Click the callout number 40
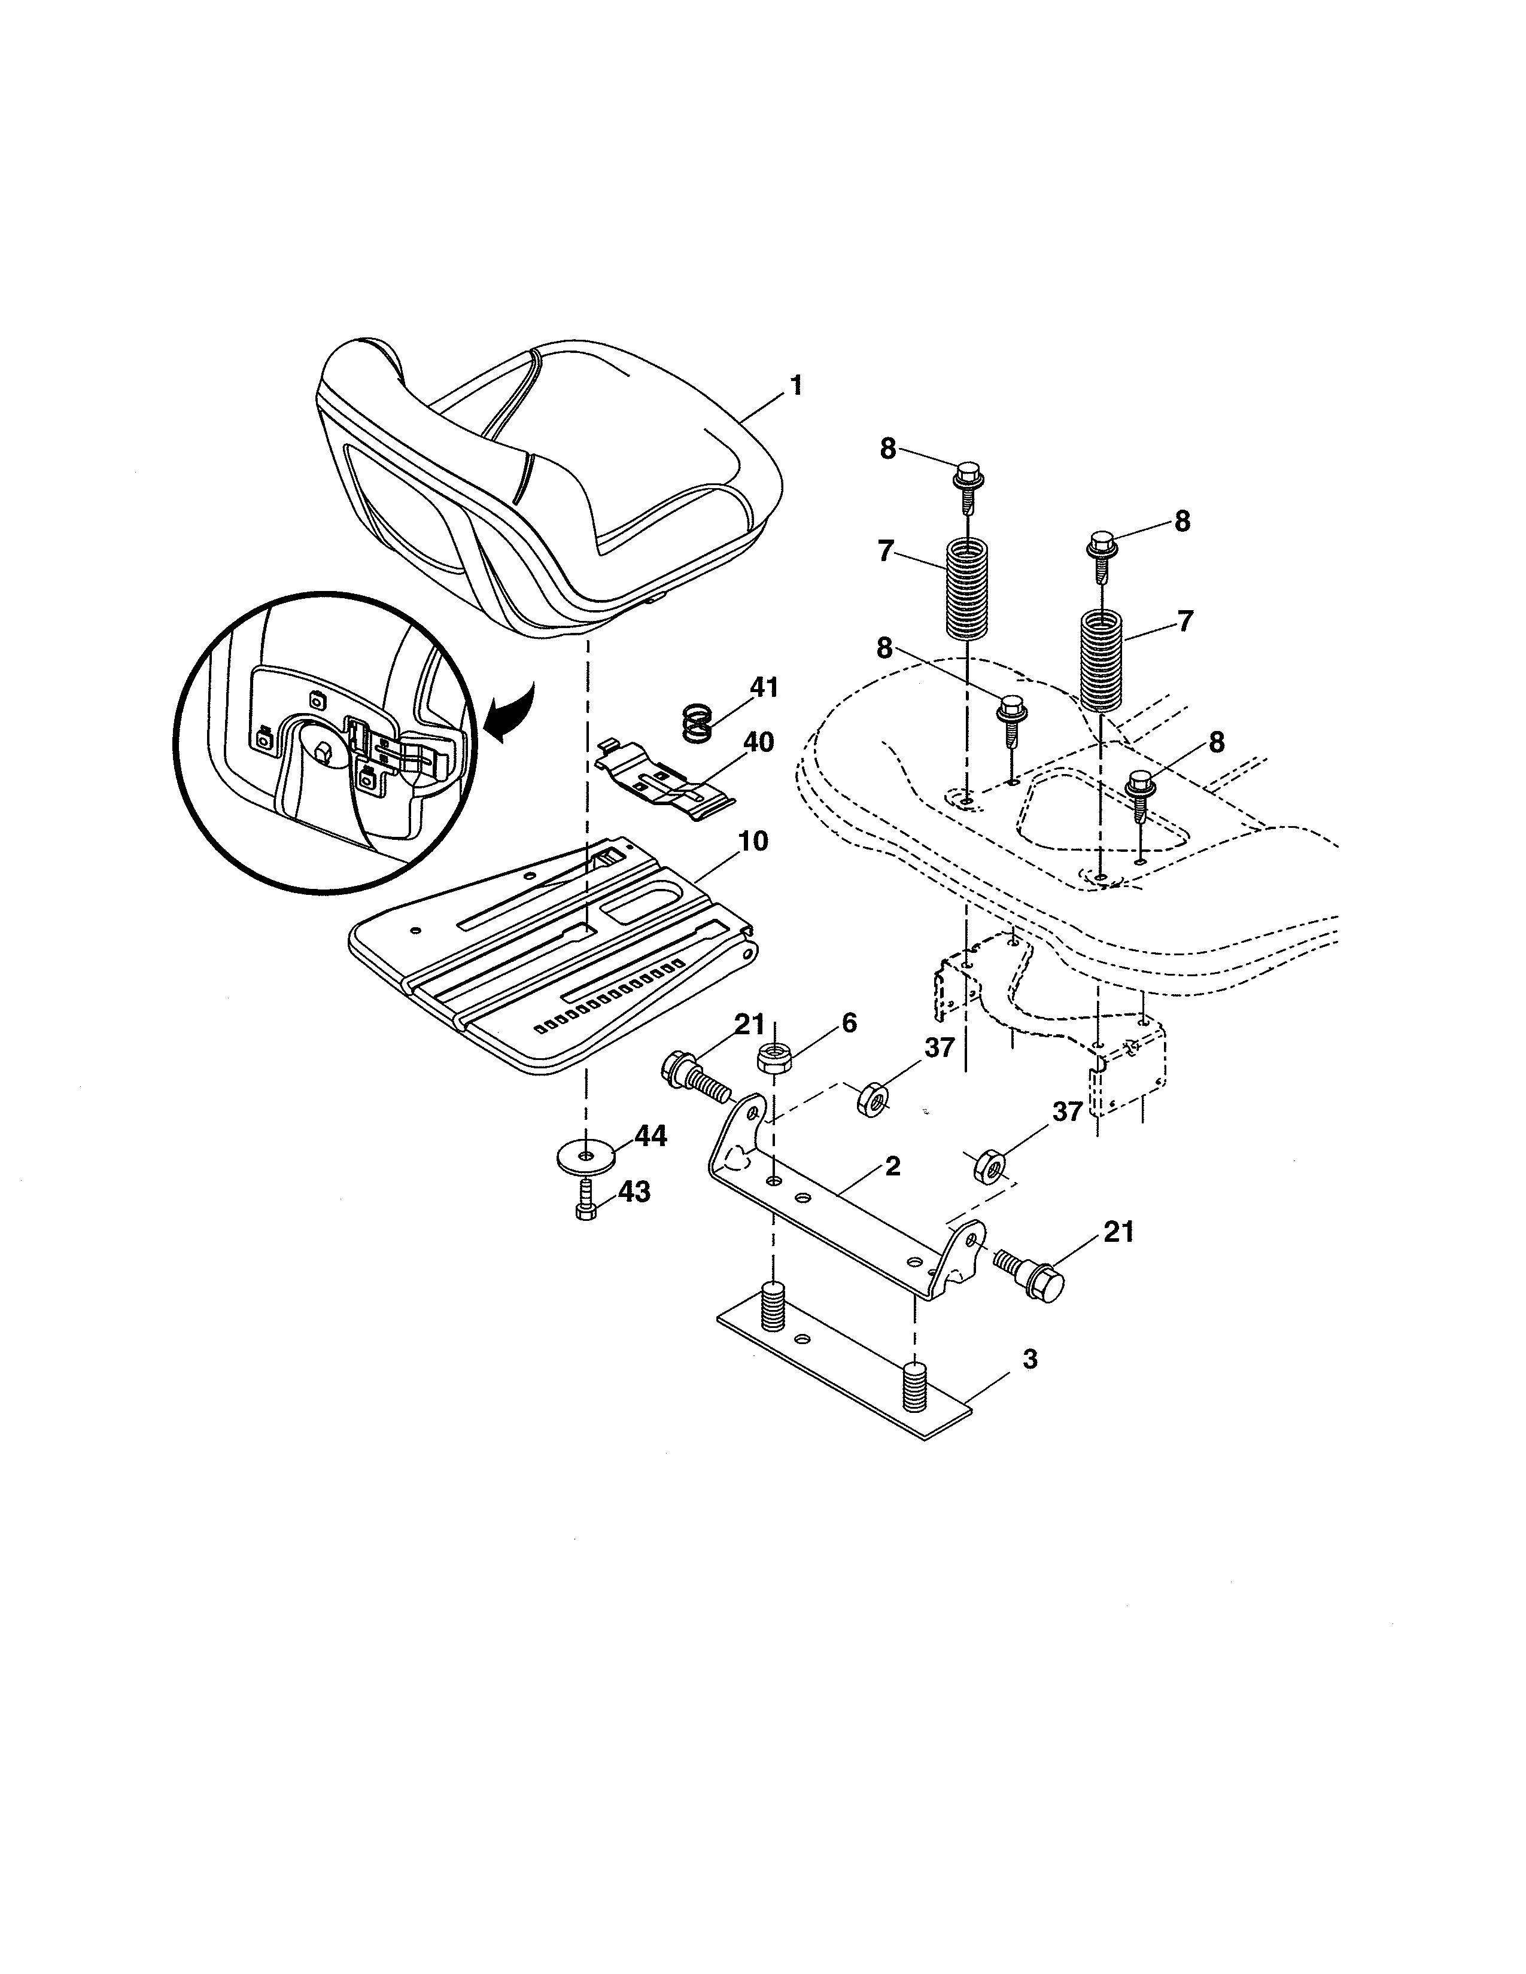tap(758, 742)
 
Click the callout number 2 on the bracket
tap(892, 1165)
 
